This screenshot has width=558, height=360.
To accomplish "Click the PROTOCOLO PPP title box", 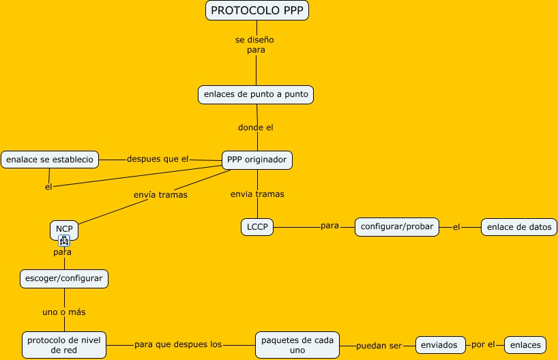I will (x=257, y=10).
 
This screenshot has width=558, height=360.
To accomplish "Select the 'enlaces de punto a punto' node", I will (x=256, y=94).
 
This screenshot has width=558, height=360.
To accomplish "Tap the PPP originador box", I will (x=257, y=160).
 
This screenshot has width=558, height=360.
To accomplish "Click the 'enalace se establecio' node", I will (x=50, y=160).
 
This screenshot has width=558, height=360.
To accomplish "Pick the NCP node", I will (x=63, y=229).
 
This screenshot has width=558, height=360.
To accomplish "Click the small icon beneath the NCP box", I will (x=64, y=240).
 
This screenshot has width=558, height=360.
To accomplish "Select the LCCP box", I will (x=257, y=226).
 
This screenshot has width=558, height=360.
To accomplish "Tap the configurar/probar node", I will (x=397, y=226).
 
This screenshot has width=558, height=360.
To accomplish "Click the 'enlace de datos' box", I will (x=519, y=227).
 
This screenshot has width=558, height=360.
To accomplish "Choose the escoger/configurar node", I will (x=64, y=278).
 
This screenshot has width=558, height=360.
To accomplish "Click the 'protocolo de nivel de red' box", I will (x=64, y=344).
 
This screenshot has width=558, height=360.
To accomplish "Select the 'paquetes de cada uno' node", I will (x=297, y=344).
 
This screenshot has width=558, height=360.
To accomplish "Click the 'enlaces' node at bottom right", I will (x=525, y=344).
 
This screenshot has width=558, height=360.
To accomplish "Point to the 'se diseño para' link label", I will (x=256, y=44).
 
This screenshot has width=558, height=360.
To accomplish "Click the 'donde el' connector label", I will (x=256, y=127).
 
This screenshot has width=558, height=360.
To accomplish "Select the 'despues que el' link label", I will (x=158, y=159).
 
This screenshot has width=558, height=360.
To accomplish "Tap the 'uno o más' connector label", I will (x=64, y=312).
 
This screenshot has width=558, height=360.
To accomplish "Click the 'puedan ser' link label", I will (x=379, y=346).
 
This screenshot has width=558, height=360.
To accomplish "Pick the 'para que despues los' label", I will (x=178, y=344).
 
